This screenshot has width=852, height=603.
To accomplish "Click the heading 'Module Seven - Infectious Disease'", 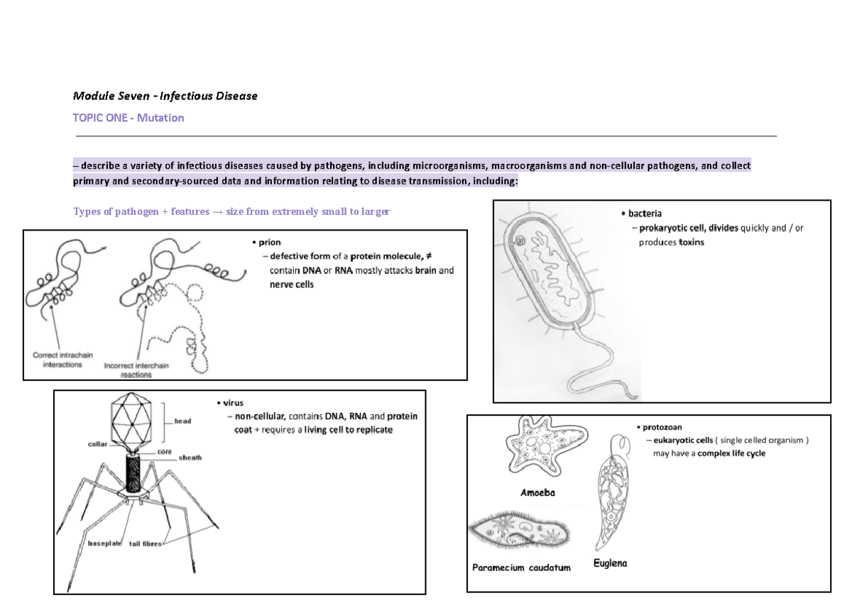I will [x=165, y=95].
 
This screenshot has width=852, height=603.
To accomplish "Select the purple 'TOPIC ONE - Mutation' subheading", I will [x=129, y=118].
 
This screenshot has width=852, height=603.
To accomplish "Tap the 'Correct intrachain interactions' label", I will [x=62, y=360].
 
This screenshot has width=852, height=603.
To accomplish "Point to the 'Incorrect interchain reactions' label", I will [x=136, y=370].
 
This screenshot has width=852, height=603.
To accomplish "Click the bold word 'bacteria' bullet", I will [x=645, y=213].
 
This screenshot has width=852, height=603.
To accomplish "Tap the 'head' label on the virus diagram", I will [x=182, y=421].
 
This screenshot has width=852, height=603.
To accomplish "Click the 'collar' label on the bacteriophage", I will [x=98, y=444].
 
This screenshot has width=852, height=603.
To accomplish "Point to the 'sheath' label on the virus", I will [x=190, y=458].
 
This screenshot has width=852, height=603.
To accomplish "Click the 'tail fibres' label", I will [x=146, y=544].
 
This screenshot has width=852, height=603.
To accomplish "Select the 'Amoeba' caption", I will [x=537, y=492].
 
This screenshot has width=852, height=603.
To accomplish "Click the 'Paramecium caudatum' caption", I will [x=521, y=568].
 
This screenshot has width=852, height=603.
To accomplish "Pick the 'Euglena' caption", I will [x=611, y=564].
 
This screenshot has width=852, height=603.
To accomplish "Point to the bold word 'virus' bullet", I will [x=234, y=403].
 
